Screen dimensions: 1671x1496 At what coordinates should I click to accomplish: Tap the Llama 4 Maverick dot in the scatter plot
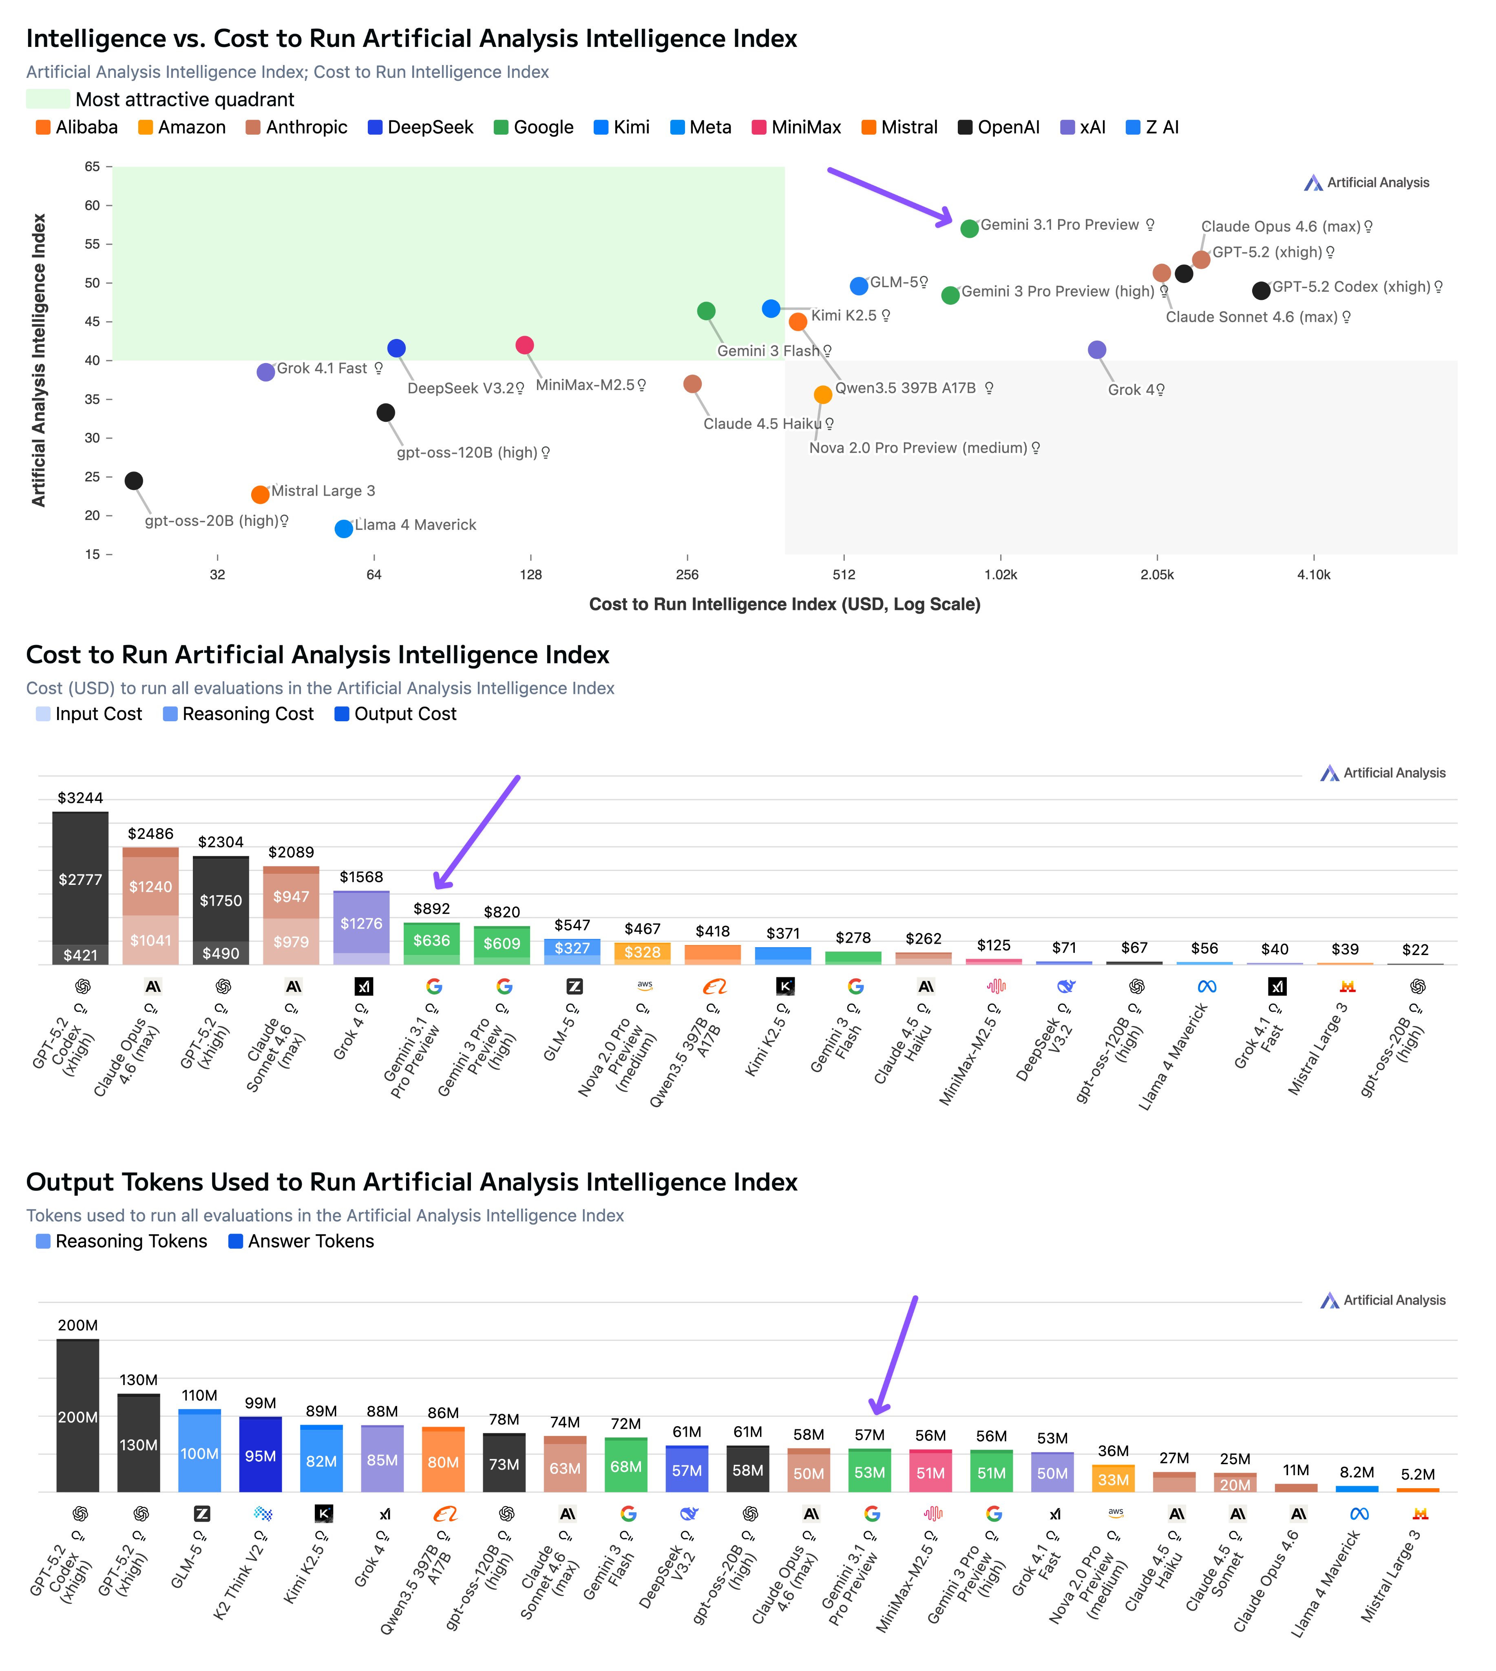344,529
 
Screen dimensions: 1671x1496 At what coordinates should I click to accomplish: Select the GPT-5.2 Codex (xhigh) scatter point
1261,290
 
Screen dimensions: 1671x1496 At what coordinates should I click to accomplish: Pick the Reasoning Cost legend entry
239,714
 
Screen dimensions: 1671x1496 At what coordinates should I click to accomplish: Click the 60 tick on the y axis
92,206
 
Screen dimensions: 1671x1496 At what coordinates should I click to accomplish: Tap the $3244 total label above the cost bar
81,798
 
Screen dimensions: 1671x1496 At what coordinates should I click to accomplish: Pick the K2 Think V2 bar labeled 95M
261,1456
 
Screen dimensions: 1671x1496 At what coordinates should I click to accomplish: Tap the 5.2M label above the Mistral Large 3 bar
1418,1474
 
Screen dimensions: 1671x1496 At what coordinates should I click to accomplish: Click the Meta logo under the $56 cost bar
1206,986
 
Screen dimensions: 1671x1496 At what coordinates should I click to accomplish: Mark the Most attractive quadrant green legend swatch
48,100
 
